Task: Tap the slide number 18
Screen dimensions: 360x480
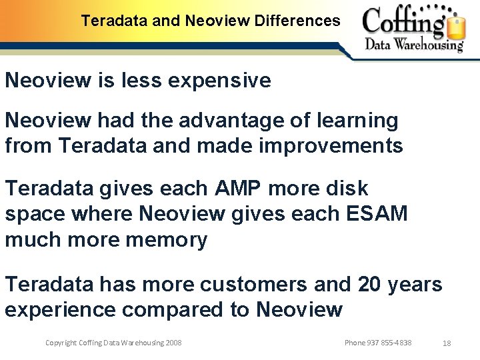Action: tap(447, 343)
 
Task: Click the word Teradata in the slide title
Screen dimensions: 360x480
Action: tap(115, 21)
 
